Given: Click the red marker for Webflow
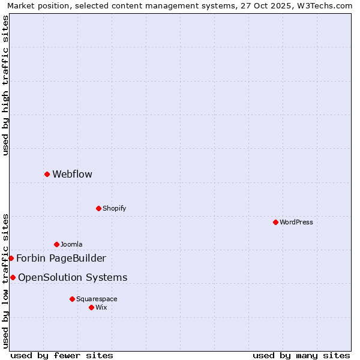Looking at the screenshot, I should tap(47, 174).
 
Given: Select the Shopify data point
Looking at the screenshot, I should tap(98, 208).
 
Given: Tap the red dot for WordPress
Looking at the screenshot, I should tap(275, 222).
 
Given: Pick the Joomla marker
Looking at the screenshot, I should tap(56, 244).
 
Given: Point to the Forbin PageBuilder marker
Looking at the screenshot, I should tap(11, 258).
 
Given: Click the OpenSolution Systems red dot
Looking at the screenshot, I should tap(13, 277).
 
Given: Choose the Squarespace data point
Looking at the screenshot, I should tap(72, 299).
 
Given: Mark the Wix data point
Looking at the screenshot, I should tap(91, 307).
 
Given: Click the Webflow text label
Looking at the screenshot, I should tap(72, 175).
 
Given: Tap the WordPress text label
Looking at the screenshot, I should tap(296, 223).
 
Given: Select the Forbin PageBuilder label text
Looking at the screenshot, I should tap(61, 259).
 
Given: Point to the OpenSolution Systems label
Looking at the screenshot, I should tap(73, 278).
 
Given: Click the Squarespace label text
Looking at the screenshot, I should tap(97, 299).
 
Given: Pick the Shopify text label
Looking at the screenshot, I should tap(114, 209).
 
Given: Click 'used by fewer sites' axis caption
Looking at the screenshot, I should tap(62, 355).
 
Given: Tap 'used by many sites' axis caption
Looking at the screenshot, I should tap(301, 355).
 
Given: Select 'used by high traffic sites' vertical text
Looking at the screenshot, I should tap(5, 85).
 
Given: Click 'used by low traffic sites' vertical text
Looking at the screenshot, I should tap(5, 281).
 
